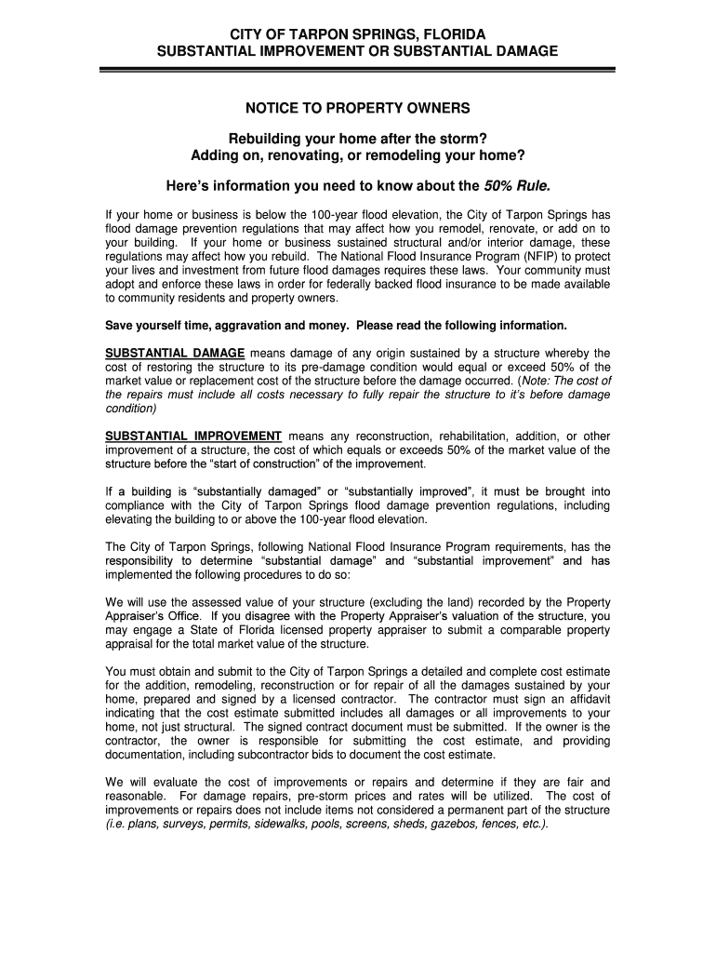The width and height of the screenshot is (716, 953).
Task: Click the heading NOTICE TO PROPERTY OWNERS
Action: (x=358, y=108)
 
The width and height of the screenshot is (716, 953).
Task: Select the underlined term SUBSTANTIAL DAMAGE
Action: (x=175, y=354)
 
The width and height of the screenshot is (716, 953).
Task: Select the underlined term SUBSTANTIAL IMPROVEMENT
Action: (x=193, y=436)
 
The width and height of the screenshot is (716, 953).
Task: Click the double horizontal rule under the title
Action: (x=358, y=69)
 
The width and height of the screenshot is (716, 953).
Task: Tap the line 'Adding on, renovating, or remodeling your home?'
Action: (x=358, y=154)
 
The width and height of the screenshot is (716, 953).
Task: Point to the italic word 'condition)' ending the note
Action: (x=131, y=408)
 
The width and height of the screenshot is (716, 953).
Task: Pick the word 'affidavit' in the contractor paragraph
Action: (x=581, y=699)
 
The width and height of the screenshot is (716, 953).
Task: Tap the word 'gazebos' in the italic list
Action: (x=465, y=824)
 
